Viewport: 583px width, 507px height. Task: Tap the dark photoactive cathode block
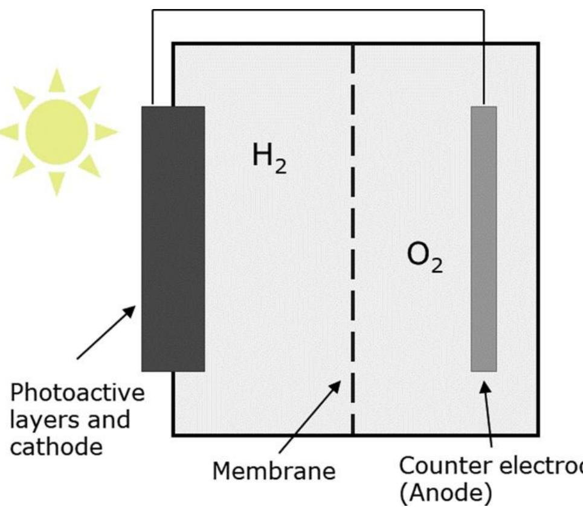173,238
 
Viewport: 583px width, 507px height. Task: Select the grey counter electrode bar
483,238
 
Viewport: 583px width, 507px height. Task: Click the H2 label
269,159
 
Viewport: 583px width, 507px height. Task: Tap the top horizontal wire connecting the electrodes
317,10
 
